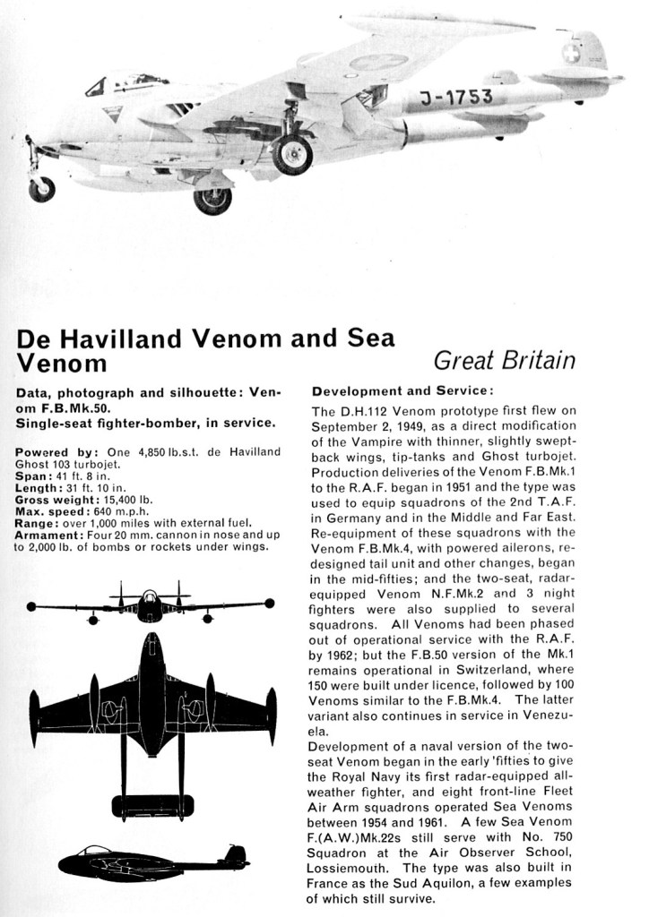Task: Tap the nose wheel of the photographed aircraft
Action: (41, 189)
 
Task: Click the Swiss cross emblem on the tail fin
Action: (571, 53)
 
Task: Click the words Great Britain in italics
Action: (504, 361)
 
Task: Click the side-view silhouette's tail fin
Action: (237, 854)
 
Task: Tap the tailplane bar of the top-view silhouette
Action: (151, 805)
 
